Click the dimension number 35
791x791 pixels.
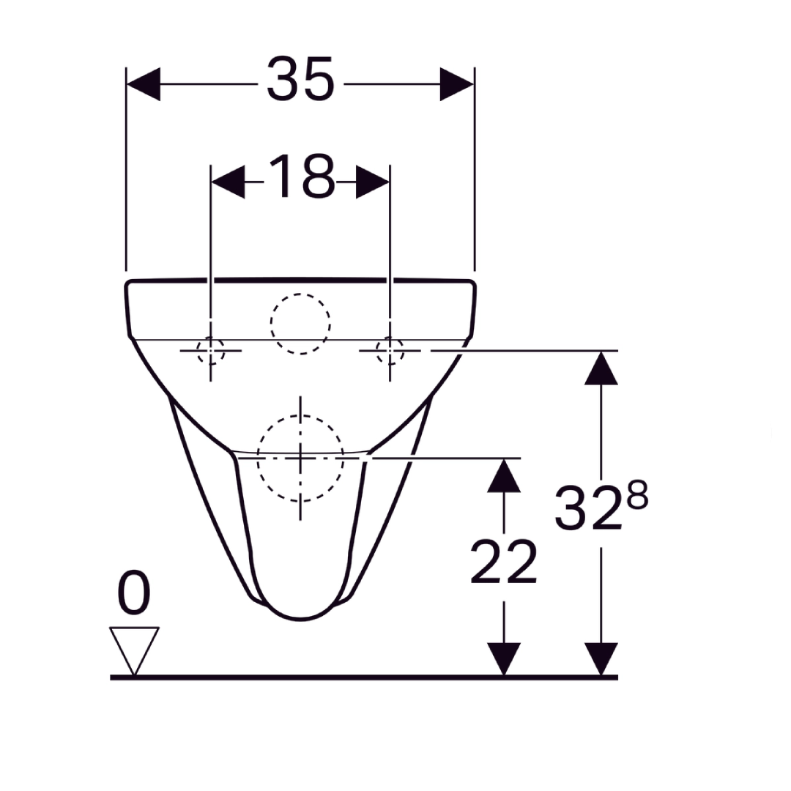tap(300, 79)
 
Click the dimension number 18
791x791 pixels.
tap(301, 177)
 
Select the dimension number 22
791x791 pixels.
tap(503, 562)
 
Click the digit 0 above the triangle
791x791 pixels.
tap(133, 594)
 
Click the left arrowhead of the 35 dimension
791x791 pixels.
tap(144, 84)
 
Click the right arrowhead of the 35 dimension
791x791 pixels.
tap(456, 84)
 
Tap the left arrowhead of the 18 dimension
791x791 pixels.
tap(228, 182)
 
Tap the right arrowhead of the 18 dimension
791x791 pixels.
tap(373, 182)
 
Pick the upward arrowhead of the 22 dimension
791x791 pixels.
tap(503, 475)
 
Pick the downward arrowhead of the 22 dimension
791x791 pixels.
tap(503, 658)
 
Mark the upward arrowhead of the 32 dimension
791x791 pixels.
tap(601, 368)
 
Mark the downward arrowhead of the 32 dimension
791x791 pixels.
tap(601, 658)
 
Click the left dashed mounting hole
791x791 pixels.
tap(211, 351)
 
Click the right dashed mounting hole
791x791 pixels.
tap(390, 351)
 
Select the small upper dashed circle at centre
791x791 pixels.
tap(300, 324)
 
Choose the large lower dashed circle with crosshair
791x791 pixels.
tap(300, 458)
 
